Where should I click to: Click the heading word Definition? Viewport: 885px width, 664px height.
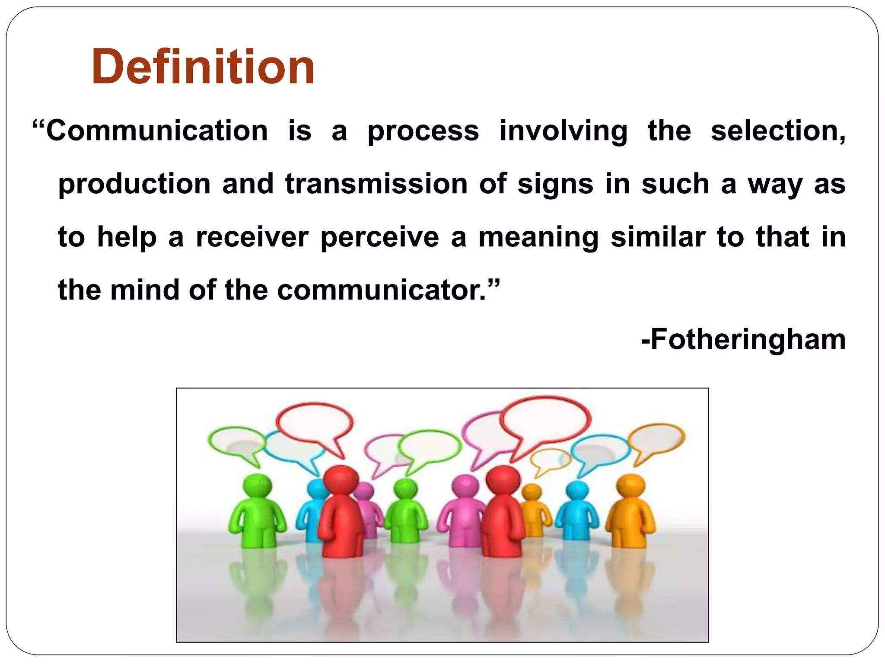[x=203, y=67]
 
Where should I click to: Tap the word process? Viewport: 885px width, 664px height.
[x=423, y=131]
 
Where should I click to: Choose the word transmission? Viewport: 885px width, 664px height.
[x=376, y=184]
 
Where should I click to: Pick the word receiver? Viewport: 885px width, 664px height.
[x=252, y=237]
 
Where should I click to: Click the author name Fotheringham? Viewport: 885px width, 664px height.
[x=747, y=339]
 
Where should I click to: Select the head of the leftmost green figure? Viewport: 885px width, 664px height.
[x=257, y=486]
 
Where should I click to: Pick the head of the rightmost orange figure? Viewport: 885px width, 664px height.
[x=630, y=486]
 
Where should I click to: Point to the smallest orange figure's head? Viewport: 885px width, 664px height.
[x=532, y=492]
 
